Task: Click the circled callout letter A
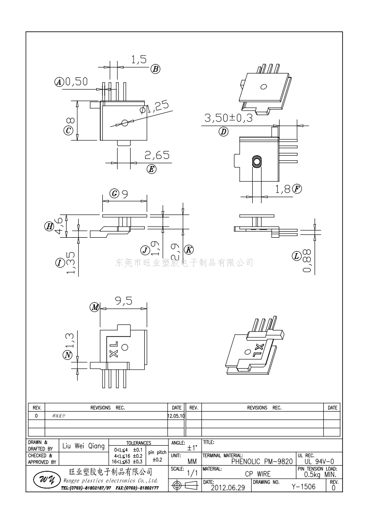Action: [x=59, y=82]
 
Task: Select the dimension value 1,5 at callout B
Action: [x=138, y=59]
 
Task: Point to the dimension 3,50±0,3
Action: [x=228, y=118]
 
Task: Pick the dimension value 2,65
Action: [x=157, y=155]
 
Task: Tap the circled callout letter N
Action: [x=68, y=355]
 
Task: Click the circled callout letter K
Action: [x=189, y=249]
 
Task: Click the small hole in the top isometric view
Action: [x=263, y=87]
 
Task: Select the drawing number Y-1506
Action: [x=303, y=487]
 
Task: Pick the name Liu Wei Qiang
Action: [x=84, y=446]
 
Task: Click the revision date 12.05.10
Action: [x=176, y=415]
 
